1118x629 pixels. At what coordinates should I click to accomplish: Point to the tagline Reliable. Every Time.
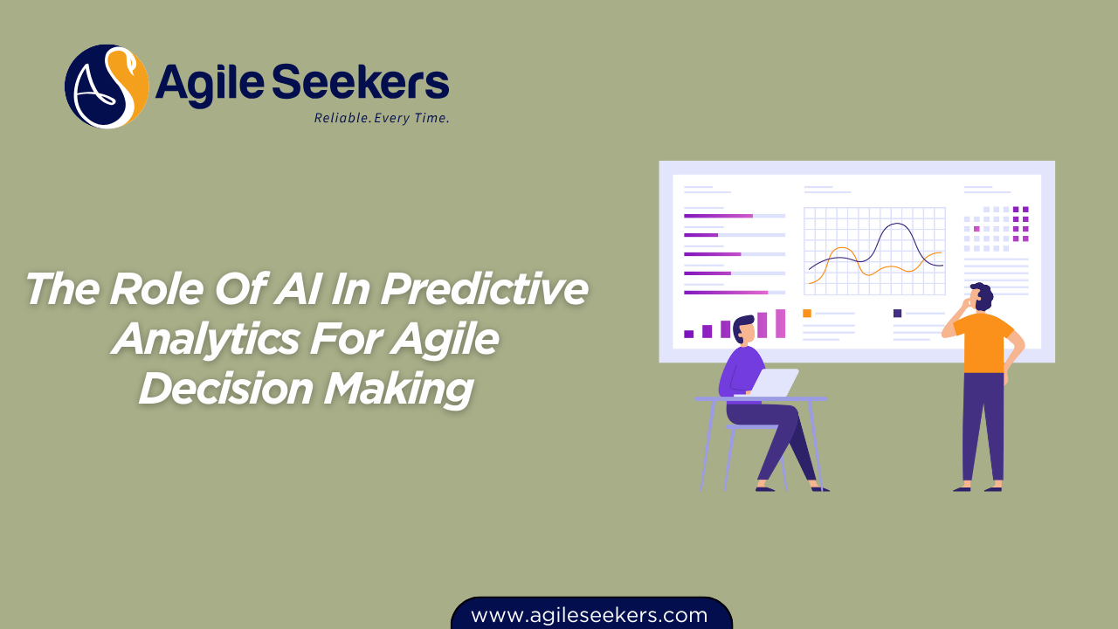[382, 118]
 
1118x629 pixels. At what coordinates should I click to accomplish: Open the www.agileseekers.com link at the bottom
[590, 615]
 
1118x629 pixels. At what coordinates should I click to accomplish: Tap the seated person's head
[743, 328]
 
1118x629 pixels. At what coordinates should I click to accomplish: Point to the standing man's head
[982, 295]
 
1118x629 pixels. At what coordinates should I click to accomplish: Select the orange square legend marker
[807, 313]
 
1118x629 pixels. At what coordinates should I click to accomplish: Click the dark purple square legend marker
[897, 313]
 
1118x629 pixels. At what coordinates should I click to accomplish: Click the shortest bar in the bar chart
[688, 334]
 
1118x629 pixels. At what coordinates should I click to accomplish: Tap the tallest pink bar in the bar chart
[780, 323]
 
